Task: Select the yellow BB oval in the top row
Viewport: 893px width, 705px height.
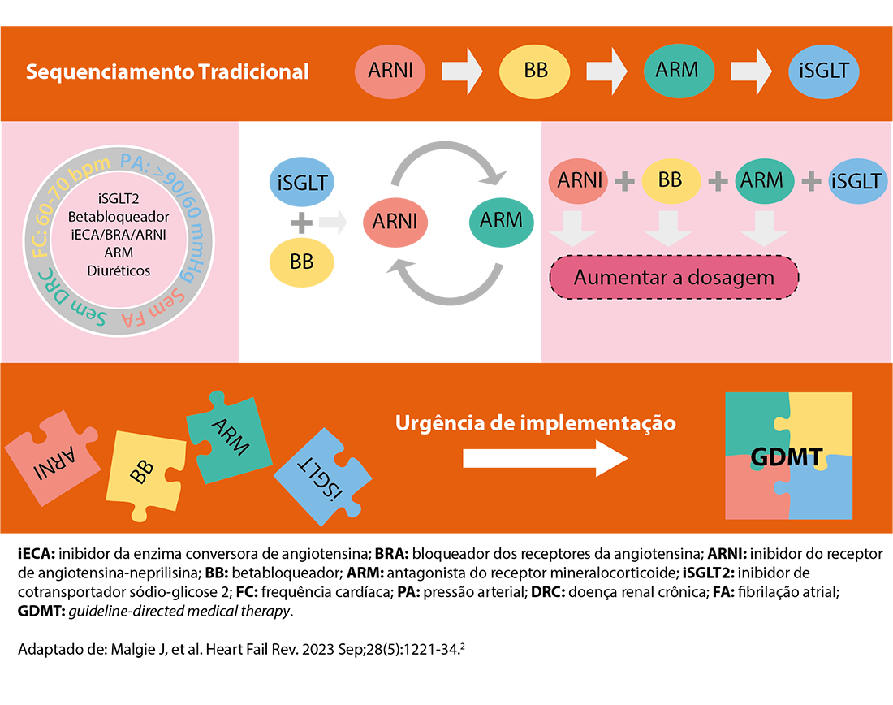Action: point(536,71)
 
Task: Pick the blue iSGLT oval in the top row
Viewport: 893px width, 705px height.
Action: point(823,71)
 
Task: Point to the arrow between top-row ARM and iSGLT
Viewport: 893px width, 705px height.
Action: point(752,71)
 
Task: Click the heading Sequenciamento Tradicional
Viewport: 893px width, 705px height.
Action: point(167,71)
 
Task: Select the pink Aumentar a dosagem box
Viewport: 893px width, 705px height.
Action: point(674,278)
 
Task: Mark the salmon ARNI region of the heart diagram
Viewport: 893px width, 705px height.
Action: point(397,221)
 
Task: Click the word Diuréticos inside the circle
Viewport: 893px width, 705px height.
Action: point(119,270)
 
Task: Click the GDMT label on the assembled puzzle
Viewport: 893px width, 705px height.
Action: point(787,456)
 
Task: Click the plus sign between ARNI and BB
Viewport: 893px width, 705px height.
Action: point(623,180)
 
